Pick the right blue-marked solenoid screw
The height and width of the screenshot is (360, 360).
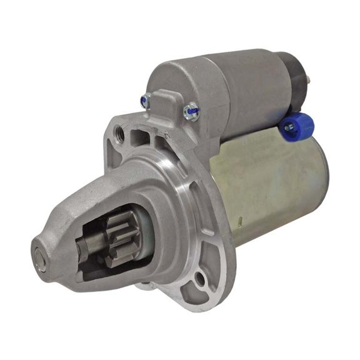(x=192, y=112)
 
